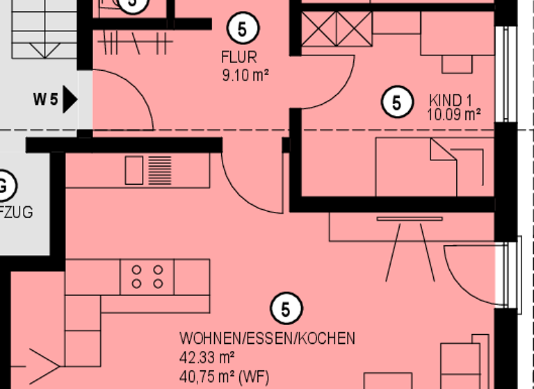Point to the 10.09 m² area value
pos(454,115)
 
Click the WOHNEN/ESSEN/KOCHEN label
pos(267,339)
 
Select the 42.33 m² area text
pos(207,358)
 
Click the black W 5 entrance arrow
pos(70,99)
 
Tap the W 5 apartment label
pos(45,99)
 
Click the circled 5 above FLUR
pos(243,29)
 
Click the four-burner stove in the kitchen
pos(147,276)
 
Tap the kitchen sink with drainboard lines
pos(148,170)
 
